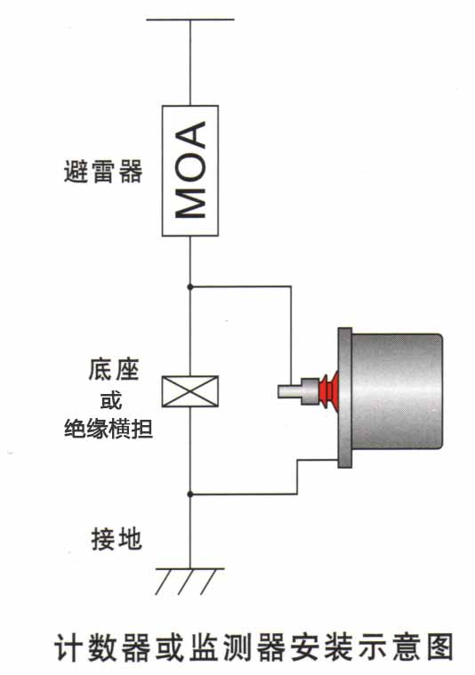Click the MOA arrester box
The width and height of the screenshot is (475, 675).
point(190,171)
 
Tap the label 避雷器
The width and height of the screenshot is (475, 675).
point(103,172)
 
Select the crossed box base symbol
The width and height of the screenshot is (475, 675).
point(190,391)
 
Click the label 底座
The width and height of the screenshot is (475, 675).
point(114,369)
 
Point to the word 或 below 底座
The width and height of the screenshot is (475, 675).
point(111,400)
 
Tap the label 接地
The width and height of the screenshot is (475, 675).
point(117,539)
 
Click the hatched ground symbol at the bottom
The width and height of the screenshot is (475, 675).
point(190,581)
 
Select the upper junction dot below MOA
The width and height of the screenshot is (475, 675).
point(190,286)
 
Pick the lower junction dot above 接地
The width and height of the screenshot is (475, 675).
point(190,494)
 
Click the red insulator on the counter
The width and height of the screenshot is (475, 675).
point(328,391)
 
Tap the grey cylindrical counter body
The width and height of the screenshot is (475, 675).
point(396,391)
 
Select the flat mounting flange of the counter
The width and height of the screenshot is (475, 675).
point(344,398)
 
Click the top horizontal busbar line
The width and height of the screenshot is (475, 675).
point(190,20)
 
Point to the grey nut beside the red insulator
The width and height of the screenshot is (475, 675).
point(310,391)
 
